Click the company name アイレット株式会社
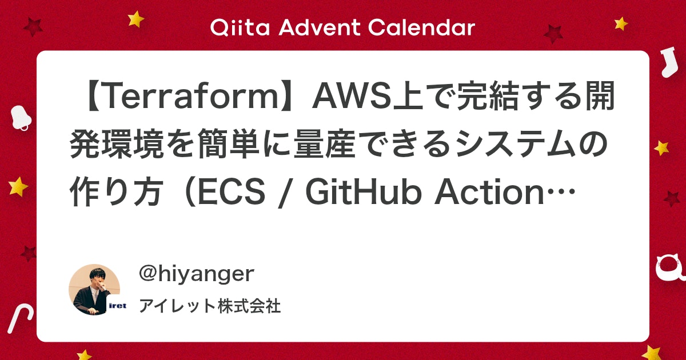click(210, 306)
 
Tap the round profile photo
click(94, 289)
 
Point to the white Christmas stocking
click(666, 62)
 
